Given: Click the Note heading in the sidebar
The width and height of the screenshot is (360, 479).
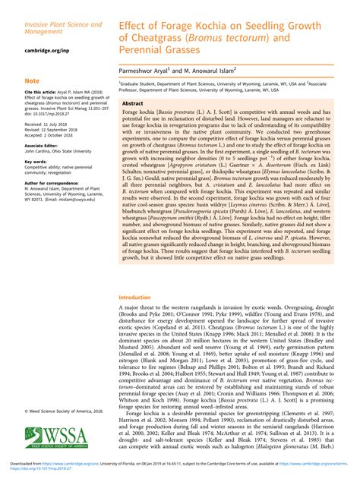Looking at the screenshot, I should pos(32,80).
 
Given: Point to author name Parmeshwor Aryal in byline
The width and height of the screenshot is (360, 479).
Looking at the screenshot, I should pos(145,69).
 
